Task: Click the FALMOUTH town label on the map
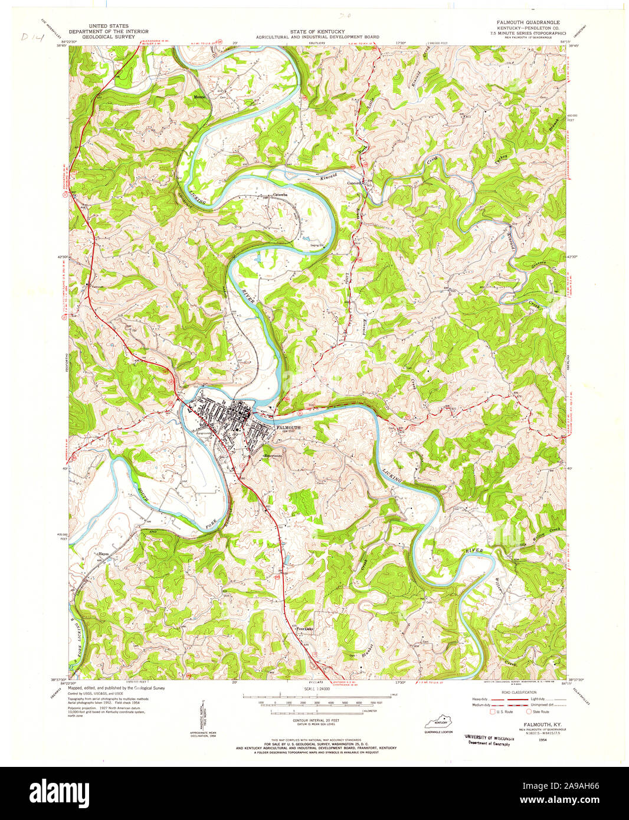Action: [x=289, y=427]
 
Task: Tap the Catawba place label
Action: [x=280, y=195]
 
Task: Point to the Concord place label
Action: [x=355, y=183]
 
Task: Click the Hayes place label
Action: [x=104, y=555]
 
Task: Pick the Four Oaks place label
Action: [x=304, y=629]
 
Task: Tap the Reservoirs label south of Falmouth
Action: [x=274, y=455]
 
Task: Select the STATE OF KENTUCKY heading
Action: [x=317, y=31]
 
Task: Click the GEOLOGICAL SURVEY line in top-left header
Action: [x=109, y=37]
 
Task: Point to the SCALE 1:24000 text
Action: [x=317, y=689]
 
